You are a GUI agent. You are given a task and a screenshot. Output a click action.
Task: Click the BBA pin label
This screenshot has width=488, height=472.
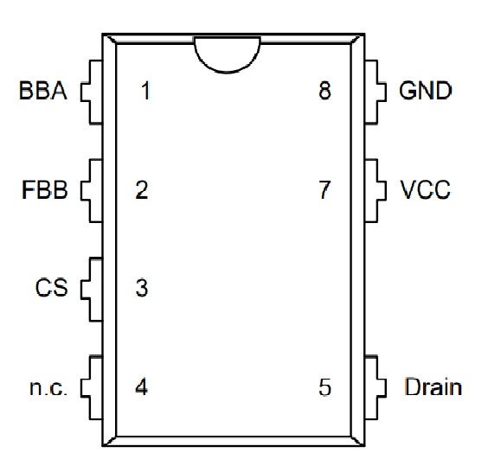[43, 91]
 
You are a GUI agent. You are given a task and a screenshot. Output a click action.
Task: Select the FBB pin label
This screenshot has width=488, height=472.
[44, 189]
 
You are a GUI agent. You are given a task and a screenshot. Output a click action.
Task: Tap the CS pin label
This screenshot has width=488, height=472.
[51, 288]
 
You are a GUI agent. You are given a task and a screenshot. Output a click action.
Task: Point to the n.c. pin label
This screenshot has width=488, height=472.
[48, 388]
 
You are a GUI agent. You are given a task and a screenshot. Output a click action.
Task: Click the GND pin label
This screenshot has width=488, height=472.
[425, 91]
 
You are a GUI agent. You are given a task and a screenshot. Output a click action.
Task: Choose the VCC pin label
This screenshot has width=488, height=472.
[425, 189]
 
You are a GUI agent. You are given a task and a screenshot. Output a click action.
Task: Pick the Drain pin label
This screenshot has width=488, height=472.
[433, 386]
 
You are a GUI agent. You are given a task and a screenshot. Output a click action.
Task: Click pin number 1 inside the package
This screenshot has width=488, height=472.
[146, 91]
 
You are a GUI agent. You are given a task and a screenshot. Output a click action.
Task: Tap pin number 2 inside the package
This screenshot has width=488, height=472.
[142, 189]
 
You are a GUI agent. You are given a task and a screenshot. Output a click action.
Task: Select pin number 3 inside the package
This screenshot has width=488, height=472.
[142, 288]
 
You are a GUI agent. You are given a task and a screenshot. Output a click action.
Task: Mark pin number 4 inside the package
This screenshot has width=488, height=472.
[142, 386]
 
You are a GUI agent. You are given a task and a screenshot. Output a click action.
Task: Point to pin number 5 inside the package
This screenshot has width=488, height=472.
[325, 386]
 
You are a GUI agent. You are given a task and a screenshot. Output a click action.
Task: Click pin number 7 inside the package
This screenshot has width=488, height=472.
[325, 189]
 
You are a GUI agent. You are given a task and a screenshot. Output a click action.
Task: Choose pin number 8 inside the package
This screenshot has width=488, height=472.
[325, 91]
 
